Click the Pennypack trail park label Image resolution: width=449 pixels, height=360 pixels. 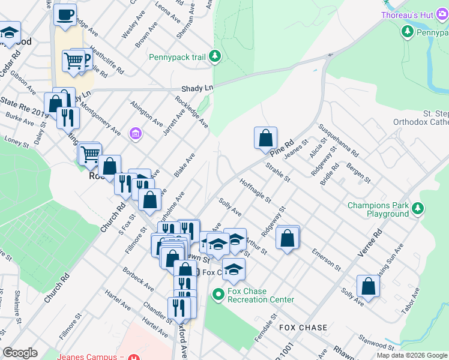[x=178, y=58]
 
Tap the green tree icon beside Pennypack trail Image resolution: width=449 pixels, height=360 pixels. [x=215, y=58]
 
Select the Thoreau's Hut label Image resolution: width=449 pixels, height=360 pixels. [x=414, y=14]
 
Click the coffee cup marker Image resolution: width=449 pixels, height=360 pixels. [x=65, y=14]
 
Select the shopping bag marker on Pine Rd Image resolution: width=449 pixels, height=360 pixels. [x=265, y=138]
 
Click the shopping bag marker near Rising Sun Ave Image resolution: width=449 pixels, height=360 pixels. [x=368, y=286]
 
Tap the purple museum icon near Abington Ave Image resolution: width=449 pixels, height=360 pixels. [x=136, y=133]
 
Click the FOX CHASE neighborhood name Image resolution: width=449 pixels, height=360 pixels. [x=303, y=328]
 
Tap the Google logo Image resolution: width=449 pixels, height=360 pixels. [x=20, y=353]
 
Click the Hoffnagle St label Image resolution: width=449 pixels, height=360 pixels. [x=256, y=192]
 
